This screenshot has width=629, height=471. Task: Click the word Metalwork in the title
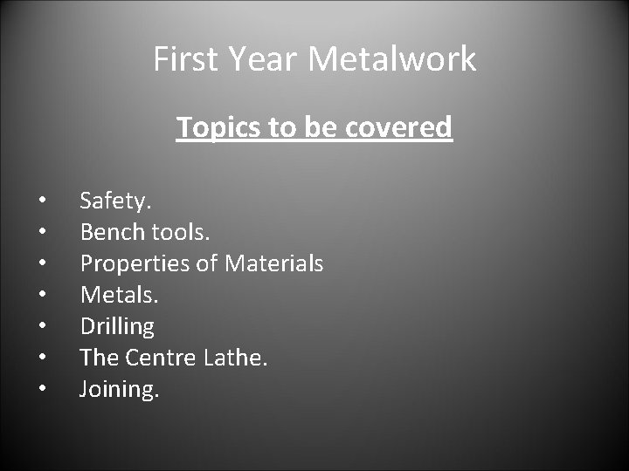point(393,59)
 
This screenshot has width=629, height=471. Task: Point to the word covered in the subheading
point(401,127)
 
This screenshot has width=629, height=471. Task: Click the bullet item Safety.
point(115,201)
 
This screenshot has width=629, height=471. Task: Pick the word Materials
point(273,263)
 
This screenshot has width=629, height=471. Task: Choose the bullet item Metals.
point(120,295)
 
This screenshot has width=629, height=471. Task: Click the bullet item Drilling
point(117,327)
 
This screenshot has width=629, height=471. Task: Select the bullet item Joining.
point(120,389)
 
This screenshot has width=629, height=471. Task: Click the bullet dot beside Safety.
point(41,201)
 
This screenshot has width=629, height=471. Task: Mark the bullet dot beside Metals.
point(41,296)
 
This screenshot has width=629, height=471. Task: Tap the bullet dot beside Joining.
point(41,390)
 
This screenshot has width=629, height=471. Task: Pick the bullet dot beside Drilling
point(41,327)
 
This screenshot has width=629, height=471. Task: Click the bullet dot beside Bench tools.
point(41,233)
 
